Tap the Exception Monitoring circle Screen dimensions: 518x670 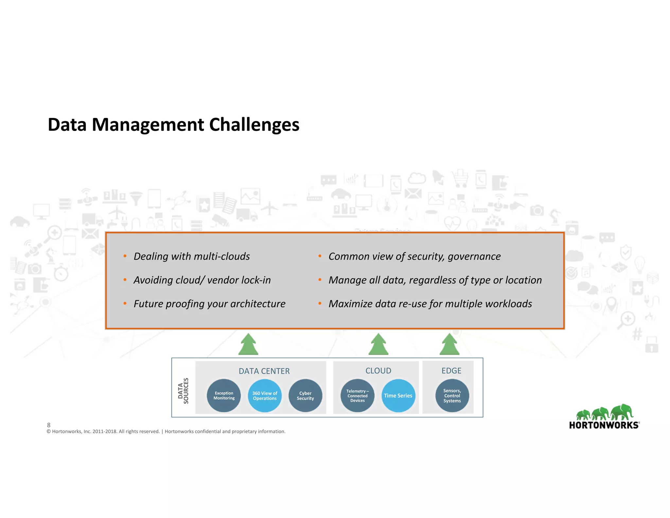click(x=224, y=396)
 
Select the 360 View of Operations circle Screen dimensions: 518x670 click(x=265, y=396)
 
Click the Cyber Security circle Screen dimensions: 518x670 click(x=305, y=396)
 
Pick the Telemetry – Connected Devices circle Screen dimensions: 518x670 click(x=357, y=396)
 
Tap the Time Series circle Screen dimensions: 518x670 click(x=398, y=396)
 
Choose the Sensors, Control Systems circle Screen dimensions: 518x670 click(x=452, y=396)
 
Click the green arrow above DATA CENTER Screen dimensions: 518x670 click(x=248, y=344)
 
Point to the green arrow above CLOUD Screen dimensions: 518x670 click(x=379, y=344)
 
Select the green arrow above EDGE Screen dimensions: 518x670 click(x=450, y=344)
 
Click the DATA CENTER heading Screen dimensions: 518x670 click(x=264, y=371)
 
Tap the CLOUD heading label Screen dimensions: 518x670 click(x=378, y=371)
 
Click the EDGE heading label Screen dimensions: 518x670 click(x=451, y=371)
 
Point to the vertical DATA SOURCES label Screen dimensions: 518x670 click(x=183, y=391)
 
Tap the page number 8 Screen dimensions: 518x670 click(x=49, y=425)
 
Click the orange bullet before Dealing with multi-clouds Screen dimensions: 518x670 click(x=125, y=256)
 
